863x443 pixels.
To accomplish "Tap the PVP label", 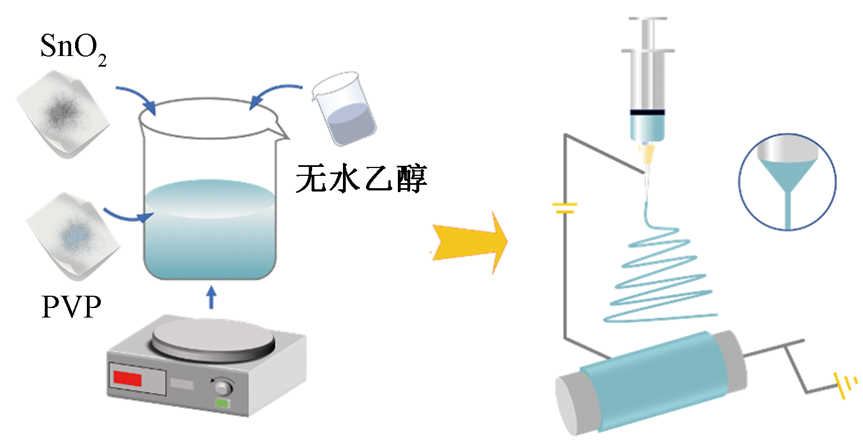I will [71, 306].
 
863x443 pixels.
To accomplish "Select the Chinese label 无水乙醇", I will [361, 178].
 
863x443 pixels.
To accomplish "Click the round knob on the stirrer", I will [224, 387].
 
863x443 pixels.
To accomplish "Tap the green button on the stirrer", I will [222, 403].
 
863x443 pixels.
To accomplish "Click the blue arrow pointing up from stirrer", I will [211, 297].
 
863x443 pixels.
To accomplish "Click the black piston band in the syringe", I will [647, 113].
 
